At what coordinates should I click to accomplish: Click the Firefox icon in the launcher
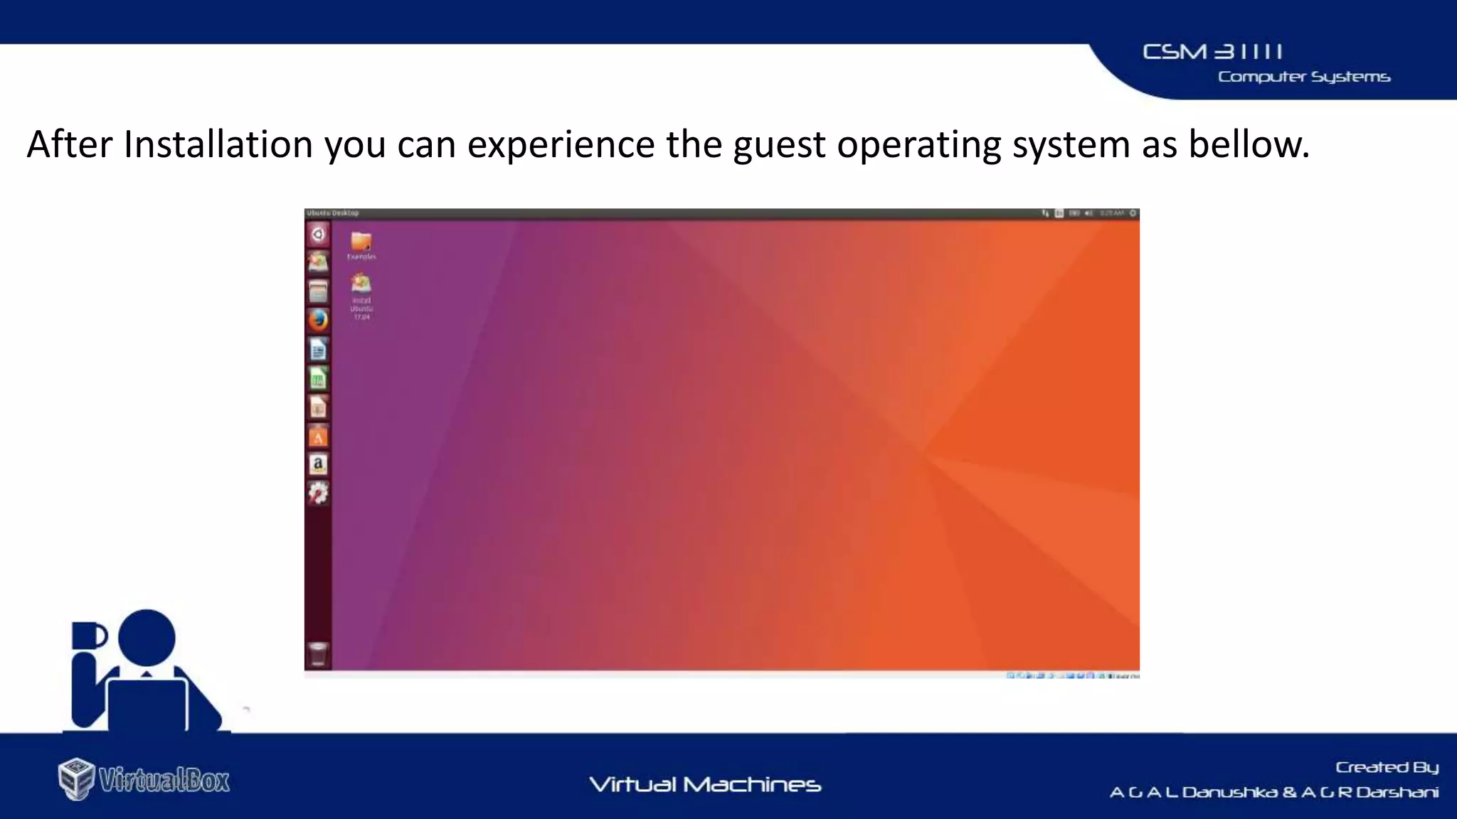318,320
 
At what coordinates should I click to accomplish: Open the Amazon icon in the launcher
318,464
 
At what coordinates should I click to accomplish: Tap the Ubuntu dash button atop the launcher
318,234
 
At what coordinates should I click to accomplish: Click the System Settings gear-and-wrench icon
318,493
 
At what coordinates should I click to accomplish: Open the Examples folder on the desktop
361,243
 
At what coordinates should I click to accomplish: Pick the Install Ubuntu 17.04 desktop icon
361,285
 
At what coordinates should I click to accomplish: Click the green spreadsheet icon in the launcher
318,378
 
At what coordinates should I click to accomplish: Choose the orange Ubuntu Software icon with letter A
318,436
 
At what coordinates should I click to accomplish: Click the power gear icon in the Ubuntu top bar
1133,213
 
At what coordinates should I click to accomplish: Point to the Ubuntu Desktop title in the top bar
333,213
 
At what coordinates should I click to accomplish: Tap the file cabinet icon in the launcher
318,291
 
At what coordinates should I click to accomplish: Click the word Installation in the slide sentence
218,144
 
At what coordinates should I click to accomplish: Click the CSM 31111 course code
1212,52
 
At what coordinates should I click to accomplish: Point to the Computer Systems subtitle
1303,77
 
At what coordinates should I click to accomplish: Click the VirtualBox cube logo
76,778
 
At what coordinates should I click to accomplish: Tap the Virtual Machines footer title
705,784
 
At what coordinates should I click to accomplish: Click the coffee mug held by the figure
89,636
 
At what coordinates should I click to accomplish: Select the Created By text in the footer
1387,767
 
